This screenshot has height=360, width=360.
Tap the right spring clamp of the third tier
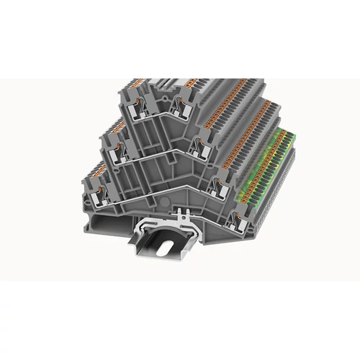217,177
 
